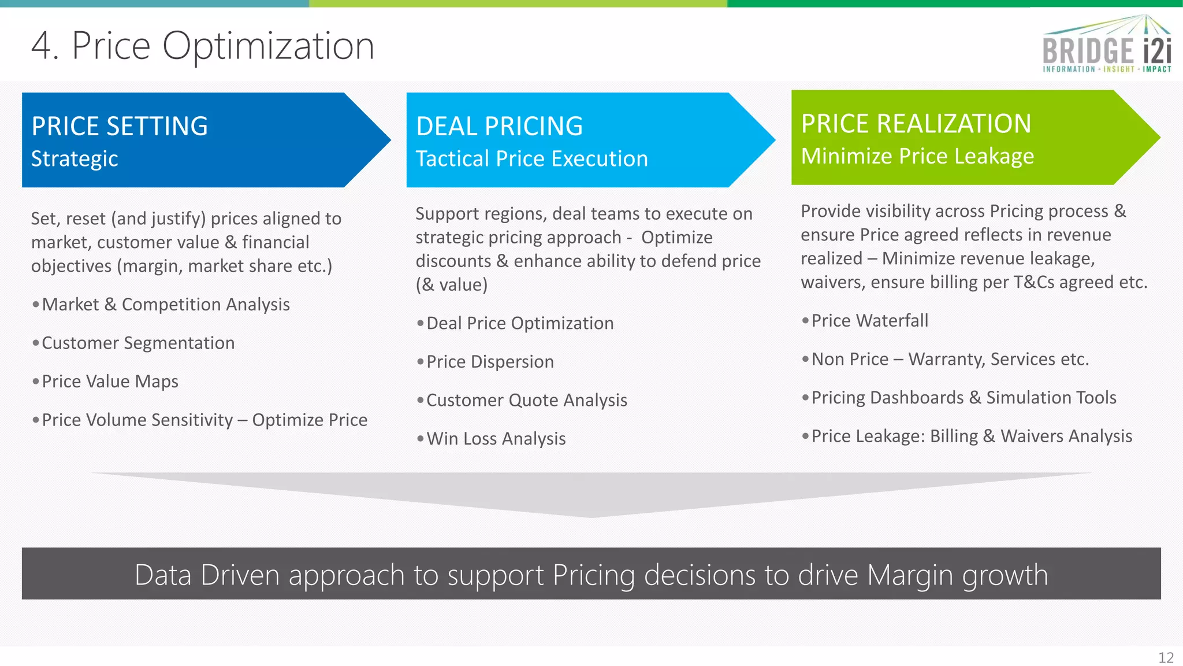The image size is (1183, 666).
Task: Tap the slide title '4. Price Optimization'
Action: [x=203, y=46]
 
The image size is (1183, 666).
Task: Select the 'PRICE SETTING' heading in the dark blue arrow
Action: [x=120, y=126]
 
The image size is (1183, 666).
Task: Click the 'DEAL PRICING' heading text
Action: [x=499, y=126]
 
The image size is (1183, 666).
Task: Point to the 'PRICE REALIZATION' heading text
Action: [x=916, y=124]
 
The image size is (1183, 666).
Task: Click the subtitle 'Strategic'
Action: [x=75, y=159]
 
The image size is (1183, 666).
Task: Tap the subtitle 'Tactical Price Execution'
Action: [x=531, y=159]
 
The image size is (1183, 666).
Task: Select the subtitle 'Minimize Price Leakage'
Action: [x=917, y=157]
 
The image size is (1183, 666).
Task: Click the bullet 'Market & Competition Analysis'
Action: [x=166, y=305]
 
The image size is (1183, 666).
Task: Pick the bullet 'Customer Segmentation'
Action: [x=138, y=343]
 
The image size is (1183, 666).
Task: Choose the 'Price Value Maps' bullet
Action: [x=110, y=382]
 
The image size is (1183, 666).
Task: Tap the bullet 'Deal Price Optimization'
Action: [x=520, y=324]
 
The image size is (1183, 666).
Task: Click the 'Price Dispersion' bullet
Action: [x=490, y=362]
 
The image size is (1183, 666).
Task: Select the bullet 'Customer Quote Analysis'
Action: [x=527, y=401]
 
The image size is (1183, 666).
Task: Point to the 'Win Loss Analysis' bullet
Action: [x=496, y=439]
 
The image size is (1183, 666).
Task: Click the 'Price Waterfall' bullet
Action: [x=869, y=321]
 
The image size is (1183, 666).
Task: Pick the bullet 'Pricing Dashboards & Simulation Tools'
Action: [x=963, y=398]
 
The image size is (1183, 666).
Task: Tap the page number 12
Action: [x=1166, y=658]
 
